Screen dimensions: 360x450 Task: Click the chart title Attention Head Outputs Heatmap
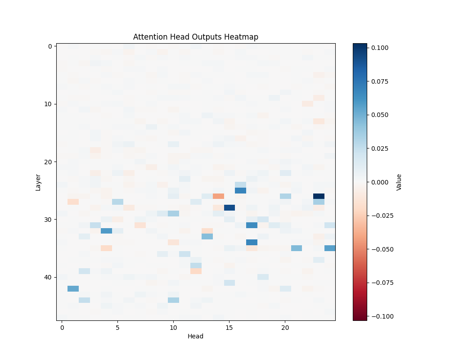pos(196,37)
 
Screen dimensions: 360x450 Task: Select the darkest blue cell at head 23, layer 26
pos(319,196)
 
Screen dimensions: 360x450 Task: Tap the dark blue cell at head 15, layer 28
pos(229,207)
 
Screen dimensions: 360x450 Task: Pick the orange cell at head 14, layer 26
pos(218,196)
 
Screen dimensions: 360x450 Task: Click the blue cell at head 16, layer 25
pos(241,190)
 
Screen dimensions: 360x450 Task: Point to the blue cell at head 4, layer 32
pos(107,231)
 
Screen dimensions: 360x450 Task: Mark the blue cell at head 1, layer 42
pos(73,288)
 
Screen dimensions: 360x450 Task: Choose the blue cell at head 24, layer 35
pos(330,248)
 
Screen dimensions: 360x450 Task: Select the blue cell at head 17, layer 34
pos(252,242)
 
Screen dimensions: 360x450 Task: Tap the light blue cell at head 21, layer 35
pos(297,248)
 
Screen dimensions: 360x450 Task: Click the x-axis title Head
pos(196,336)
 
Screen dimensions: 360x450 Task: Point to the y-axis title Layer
pos(38,182)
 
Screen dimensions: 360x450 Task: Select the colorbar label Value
pos(399,182)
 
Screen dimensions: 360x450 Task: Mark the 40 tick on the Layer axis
pos(47,277)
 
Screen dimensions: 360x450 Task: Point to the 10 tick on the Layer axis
pos(47,104)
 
